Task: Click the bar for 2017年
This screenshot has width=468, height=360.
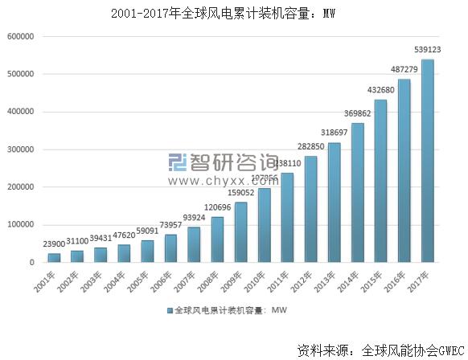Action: pyautogui.click(x=428, y=161)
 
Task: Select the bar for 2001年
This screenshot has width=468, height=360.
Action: pyautogui.click(x=54, y=257)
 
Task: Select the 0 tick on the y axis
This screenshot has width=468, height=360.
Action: pyautogui.click(x=31, y=263)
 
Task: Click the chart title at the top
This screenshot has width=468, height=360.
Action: pyautogui.click(x=233, y=13)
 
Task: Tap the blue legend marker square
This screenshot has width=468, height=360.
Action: pyautogui.click(x=169, y=309)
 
